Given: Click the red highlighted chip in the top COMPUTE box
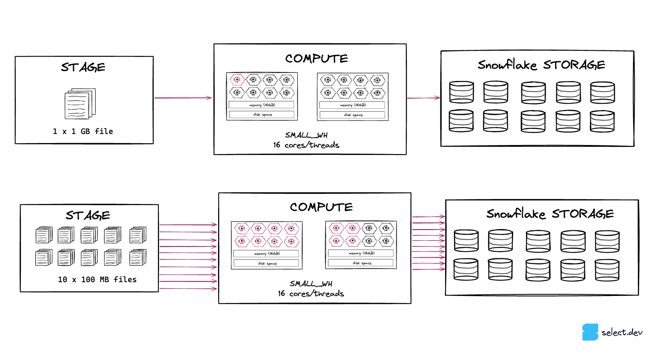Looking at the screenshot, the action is click(237, 80).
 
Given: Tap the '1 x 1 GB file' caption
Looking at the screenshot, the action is click(83, 131).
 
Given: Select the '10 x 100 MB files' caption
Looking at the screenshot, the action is click(97, 279).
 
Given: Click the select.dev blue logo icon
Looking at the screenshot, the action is click(590, 332).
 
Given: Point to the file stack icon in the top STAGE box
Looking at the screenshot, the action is click(80, 103).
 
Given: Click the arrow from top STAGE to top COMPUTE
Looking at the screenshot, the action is click(183, 97).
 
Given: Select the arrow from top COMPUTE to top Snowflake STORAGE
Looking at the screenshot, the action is click(423, 97).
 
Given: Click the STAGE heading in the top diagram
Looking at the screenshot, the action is click(83, 67).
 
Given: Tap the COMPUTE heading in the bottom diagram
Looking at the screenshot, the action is click(321, 207).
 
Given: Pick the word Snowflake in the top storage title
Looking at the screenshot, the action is click(507, 64).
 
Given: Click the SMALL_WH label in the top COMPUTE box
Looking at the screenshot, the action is click(306, 135).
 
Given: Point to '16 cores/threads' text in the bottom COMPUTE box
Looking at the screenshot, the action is click(311, 293).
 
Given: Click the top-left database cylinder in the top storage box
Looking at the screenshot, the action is click(461, 92).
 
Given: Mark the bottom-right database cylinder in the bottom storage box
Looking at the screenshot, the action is click(607, 270).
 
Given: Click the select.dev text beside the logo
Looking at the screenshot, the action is click(622, 332).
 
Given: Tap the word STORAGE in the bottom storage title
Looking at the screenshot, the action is click(583, 214).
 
